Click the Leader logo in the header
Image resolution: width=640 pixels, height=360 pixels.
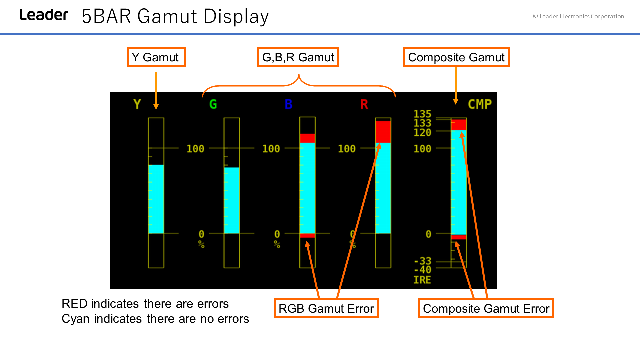click(x=44, y=15)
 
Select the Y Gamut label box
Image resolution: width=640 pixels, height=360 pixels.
click(x=156, y=57)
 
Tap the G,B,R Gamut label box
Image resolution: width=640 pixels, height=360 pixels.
click(x=298, y=57)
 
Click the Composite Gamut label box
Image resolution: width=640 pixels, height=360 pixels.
click(x=456, y=57)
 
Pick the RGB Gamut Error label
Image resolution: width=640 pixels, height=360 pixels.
click(x=326, y=308)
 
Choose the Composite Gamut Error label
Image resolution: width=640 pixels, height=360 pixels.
click(x=486, y=308)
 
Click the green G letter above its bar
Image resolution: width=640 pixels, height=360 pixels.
click(x=213, y=104)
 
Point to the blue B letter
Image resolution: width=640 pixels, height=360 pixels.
click(x=289, y=104)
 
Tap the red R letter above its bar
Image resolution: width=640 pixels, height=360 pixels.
click(x=364, y=104)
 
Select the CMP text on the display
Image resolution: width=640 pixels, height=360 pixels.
click(x=480, y=104)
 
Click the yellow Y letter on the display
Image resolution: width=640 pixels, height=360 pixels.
click(x=137, y=104)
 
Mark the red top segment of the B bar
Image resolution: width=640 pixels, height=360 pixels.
click(x=307, y=138)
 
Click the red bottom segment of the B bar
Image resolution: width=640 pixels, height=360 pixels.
click(x=307, y=236)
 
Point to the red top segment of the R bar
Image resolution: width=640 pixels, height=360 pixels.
click(x=383, y=132)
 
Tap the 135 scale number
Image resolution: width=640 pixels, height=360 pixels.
click(x=422, y=114)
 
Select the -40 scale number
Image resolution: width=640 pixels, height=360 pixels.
click(x=422, y=270)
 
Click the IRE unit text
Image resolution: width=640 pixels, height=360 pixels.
click(x=422, y=280)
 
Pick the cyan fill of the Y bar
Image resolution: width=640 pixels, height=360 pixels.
click(x=156, y=199)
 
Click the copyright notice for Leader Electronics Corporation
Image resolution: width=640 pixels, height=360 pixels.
click(x=578, y=16)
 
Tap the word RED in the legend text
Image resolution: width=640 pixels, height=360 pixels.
click(x=75, y=304)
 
